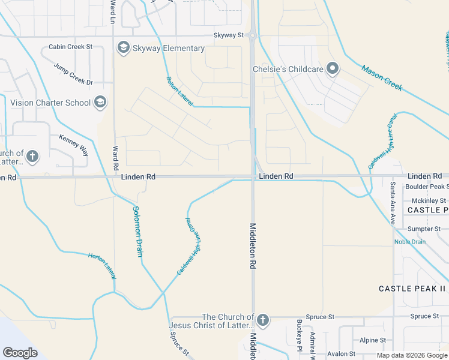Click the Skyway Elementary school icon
point(124,48)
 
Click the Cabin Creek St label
point(71,46)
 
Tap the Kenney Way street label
point(73,145)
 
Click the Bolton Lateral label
point(179,91)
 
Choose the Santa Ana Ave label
point(393,203)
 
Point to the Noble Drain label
point(410,242)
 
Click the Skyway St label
point(228,35)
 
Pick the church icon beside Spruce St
point(262,320)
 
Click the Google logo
point(20,353)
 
